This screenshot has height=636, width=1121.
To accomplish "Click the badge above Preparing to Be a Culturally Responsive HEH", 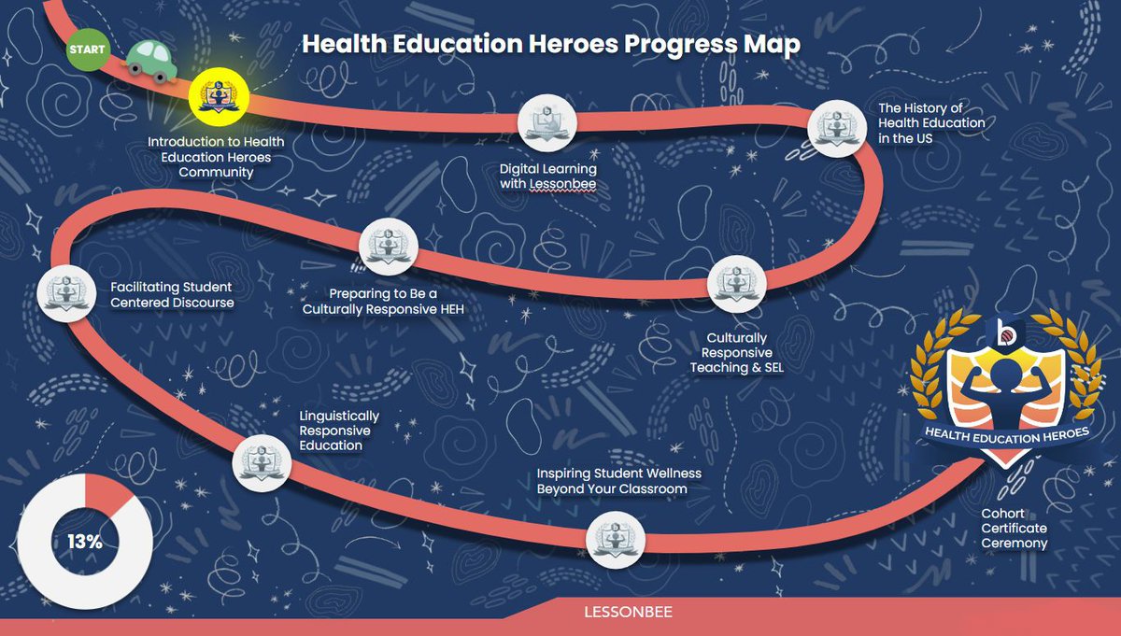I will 388,246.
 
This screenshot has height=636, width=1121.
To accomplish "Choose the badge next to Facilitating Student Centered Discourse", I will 64,292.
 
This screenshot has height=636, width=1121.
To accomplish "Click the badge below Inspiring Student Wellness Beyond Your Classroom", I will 614,541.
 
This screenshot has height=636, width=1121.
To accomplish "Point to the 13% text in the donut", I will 84,541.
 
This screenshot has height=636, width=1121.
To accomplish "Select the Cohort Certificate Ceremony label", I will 1014,528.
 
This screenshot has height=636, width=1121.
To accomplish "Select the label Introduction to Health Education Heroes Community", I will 216,156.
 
